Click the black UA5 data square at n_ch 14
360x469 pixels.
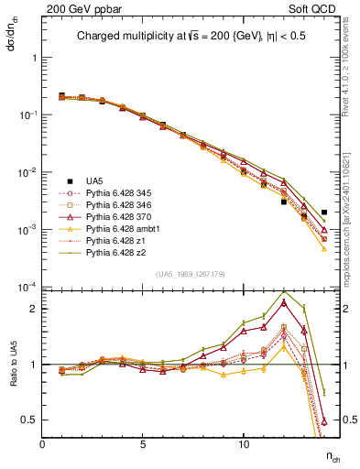tap(324, 213)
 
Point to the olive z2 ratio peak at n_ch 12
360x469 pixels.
tap(284, 292)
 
